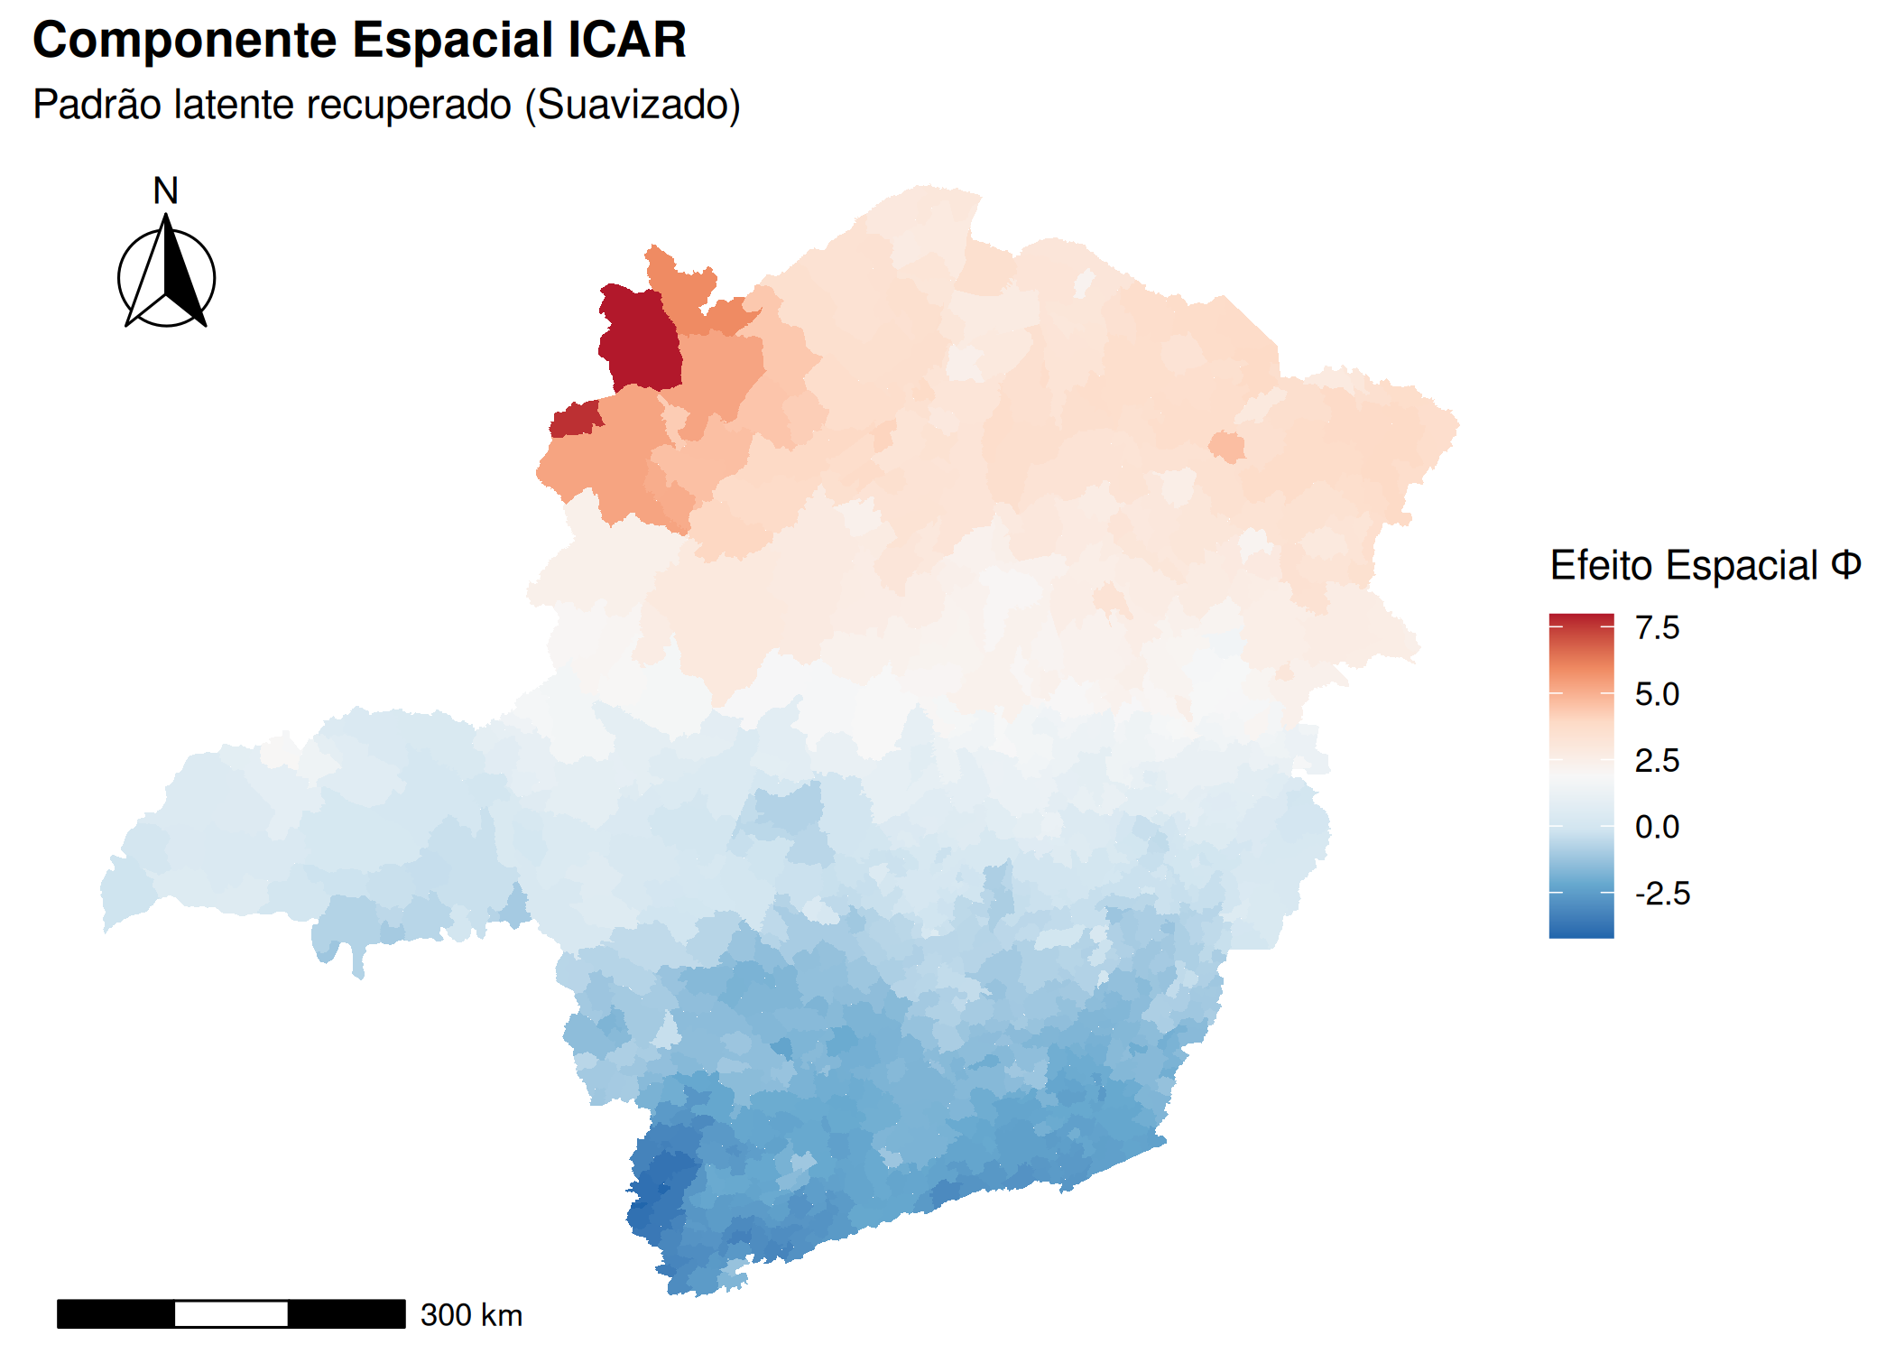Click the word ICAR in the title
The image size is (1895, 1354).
627,41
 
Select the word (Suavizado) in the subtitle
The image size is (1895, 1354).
633,105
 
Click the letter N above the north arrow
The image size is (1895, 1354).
165,190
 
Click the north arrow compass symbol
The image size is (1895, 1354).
167,275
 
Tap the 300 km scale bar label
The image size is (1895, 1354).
471,1315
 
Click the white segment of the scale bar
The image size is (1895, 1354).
231,1313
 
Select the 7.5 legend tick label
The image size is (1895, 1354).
1657,627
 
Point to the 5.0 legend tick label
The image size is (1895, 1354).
1657,694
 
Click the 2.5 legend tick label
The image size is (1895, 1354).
1657,760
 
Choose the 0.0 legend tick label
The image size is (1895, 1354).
1657,826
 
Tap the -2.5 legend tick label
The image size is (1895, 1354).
1662,893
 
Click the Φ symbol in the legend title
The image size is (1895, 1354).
1845,565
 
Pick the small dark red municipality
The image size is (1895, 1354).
575,420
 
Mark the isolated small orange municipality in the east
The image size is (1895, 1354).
1226,447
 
